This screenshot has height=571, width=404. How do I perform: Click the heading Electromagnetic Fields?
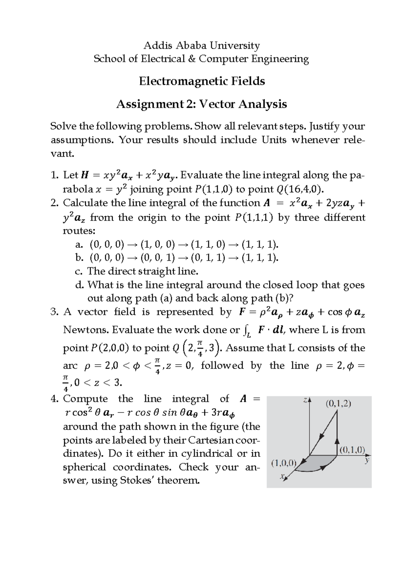pos(202,81)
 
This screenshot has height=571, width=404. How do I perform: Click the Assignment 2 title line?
pos(201,104)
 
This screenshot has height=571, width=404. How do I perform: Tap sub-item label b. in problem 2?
pos(79,258)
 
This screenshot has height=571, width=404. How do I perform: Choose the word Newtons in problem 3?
pos(86,330)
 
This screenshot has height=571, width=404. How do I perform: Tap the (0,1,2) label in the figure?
pos(338,403)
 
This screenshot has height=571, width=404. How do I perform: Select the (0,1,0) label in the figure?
pos(352,449)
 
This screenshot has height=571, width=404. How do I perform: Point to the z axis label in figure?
pos(305,400)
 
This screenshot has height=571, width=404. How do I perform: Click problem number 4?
pos(55,399)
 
